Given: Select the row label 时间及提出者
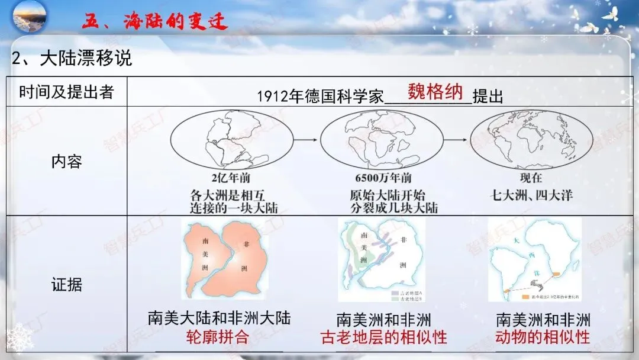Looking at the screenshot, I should pyautogui.click(x=66, y=92).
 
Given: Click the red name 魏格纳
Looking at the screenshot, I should pyautogui.click(x=435, y=92).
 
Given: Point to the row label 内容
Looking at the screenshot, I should pyautogui.click(x=66, y=161).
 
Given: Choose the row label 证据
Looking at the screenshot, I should pyautogui.click(x=66, y=285).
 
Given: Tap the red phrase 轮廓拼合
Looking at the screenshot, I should pyautogui.click(x=217, y=337).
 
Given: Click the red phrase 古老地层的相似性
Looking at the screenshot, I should pyautogui.click(x=383, y=338).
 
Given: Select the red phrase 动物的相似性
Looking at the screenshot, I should pyautogui.click(x=543, y=337).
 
